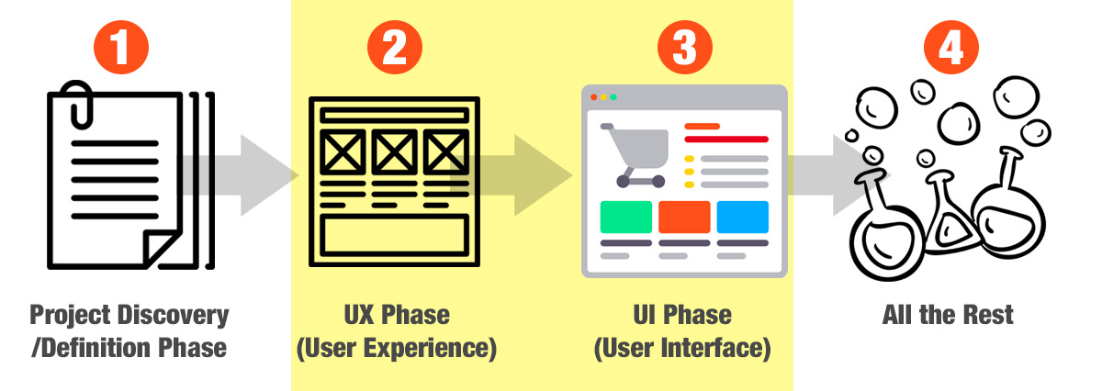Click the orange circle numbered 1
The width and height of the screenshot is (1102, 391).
tap(121, 47)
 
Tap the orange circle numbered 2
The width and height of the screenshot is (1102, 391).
tap(395, 47)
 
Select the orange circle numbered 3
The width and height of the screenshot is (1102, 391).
tap(684, 47)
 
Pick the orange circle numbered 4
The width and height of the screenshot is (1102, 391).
tap(951, 47)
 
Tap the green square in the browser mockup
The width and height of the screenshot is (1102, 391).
tap(625, 217)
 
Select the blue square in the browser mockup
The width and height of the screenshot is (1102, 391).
tap(742, 217)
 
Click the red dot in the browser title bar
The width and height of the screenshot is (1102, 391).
tap(594, 97)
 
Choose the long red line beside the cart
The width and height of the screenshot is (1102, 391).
tap(726, 140)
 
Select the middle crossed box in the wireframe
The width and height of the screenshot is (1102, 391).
tap(394, 152)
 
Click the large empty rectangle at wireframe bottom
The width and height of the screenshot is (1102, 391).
tap(394, 235)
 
